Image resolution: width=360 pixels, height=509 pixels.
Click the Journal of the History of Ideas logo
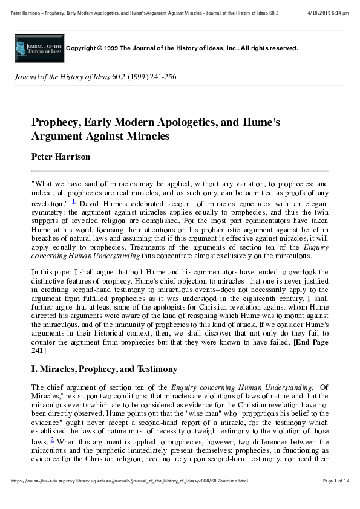[38, 48]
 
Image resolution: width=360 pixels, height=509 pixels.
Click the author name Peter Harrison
[61, 157]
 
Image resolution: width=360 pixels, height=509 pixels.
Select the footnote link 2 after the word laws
[52, 440]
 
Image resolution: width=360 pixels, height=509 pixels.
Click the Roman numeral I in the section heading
[33, 369]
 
